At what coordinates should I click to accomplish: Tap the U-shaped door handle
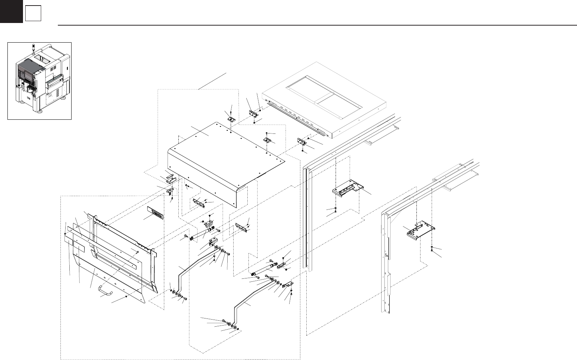pos(105,289)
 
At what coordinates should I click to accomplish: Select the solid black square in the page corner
pos(11,11)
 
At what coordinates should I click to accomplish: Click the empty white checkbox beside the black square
pos(33,14)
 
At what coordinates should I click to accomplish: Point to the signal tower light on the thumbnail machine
pos(33,47)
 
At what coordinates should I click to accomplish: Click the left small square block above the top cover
pos(232,119)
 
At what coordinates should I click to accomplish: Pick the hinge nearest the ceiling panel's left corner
pos(254,113)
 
